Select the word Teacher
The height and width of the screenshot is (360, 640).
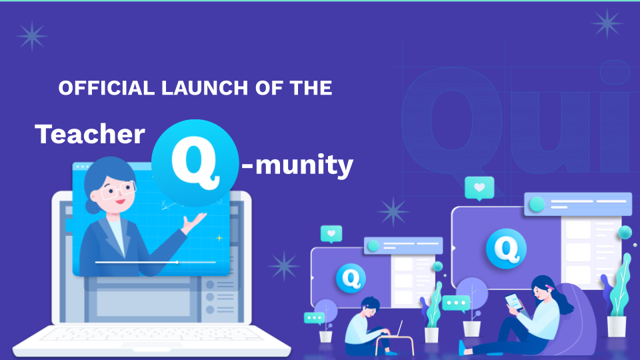[x=90, y=134]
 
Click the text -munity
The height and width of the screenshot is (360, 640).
[x=297, y=165]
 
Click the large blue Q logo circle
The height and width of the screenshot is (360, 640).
[x=195, y=163]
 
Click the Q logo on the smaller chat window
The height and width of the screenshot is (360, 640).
[x=351, y=279]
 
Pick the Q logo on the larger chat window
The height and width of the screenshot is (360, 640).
[x=506, y=249]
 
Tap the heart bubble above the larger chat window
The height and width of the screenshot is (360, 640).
[x=479, y=188]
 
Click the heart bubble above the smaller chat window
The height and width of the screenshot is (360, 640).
[x=331, y=234]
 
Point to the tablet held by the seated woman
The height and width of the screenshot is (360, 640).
[x=514, y=302]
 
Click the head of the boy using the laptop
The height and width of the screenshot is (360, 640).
[x=371, y=307]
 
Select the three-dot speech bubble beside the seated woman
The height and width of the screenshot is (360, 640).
[x=456, y=303]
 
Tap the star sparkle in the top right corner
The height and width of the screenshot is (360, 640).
[x=607, y=23]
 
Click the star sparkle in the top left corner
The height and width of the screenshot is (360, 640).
[x=32, y=36]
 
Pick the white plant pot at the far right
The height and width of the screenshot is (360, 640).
[x=617, y=327]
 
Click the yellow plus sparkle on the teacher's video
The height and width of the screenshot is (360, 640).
[x=219, y=237]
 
